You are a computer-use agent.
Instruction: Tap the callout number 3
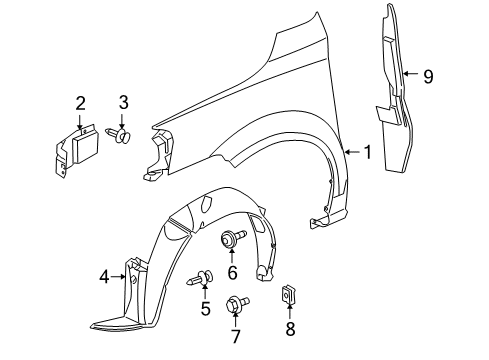coord(124,103)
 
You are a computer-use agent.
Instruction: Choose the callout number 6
coord(232,272)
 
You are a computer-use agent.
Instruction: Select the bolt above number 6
coord(231,240)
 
